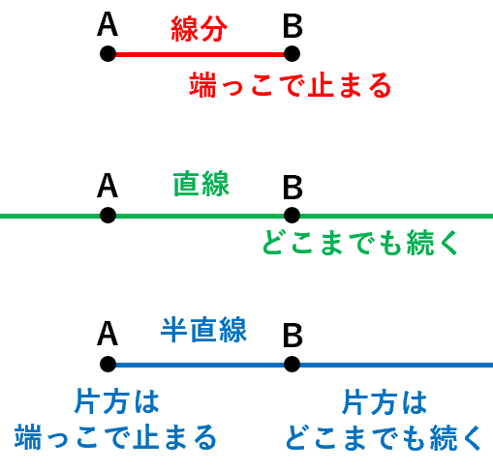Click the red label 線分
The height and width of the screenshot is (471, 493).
(200, 29)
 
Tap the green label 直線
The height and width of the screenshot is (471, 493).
(201, 184)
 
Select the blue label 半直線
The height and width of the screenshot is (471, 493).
(203, 330)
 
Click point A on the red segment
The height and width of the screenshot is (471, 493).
(108, 53)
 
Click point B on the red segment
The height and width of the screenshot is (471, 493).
(292, 53)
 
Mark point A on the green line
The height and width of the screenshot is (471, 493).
(108, 216)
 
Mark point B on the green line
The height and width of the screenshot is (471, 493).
(292, 216)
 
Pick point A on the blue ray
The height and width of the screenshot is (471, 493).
(108, 365)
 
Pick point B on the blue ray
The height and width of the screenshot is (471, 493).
(292, 365)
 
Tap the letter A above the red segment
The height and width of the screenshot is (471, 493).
(108, 24)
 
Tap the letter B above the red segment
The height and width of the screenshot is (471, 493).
(293, 25)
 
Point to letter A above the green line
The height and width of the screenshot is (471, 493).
(108, 186)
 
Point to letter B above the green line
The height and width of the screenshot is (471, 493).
(293, 187)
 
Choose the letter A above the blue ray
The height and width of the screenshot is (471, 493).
(108, 334)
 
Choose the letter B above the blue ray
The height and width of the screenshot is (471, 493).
(293, 336)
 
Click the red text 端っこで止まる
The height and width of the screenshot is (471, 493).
(291, 85)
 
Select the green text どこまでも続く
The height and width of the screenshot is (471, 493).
(360, 243)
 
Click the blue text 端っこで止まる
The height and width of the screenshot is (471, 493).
(115, 437)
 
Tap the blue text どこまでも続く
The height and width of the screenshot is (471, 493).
(384, 437)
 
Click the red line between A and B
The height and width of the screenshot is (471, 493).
(200, 54)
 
